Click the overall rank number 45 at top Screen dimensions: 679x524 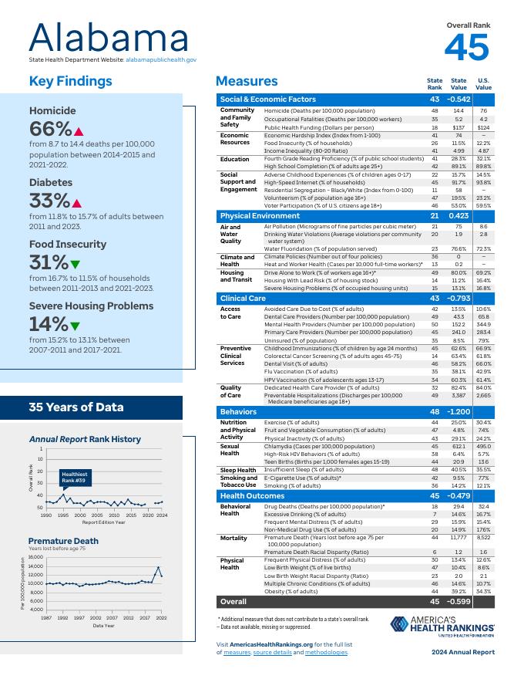pyautogui.click(x=467, y=48)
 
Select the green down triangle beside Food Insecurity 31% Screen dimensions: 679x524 pyautogui.click(x=76, y=265)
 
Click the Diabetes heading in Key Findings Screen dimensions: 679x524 pyautogui.click(x=51, y=183)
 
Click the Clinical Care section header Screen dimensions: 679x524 pyautogui.click(x=243, y=298)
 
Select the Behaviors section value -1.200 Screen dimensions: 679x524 pyautogui.click(x=459, y=412)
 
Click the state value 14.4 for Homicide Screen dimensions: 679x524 pyautogui.click(x=458, y=111)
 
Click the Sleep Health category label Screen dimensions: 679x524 pyautogui.click(x=238, y=470)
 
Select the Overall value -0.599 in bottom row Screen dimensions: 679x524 pyautogui.click(x=459, y=601)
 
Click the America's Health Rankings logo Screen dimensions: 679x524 pyautogui.click(x=442, y=625)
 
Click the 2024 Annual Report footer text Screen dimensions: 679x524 pyautogui.click(x=463, y=652)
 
